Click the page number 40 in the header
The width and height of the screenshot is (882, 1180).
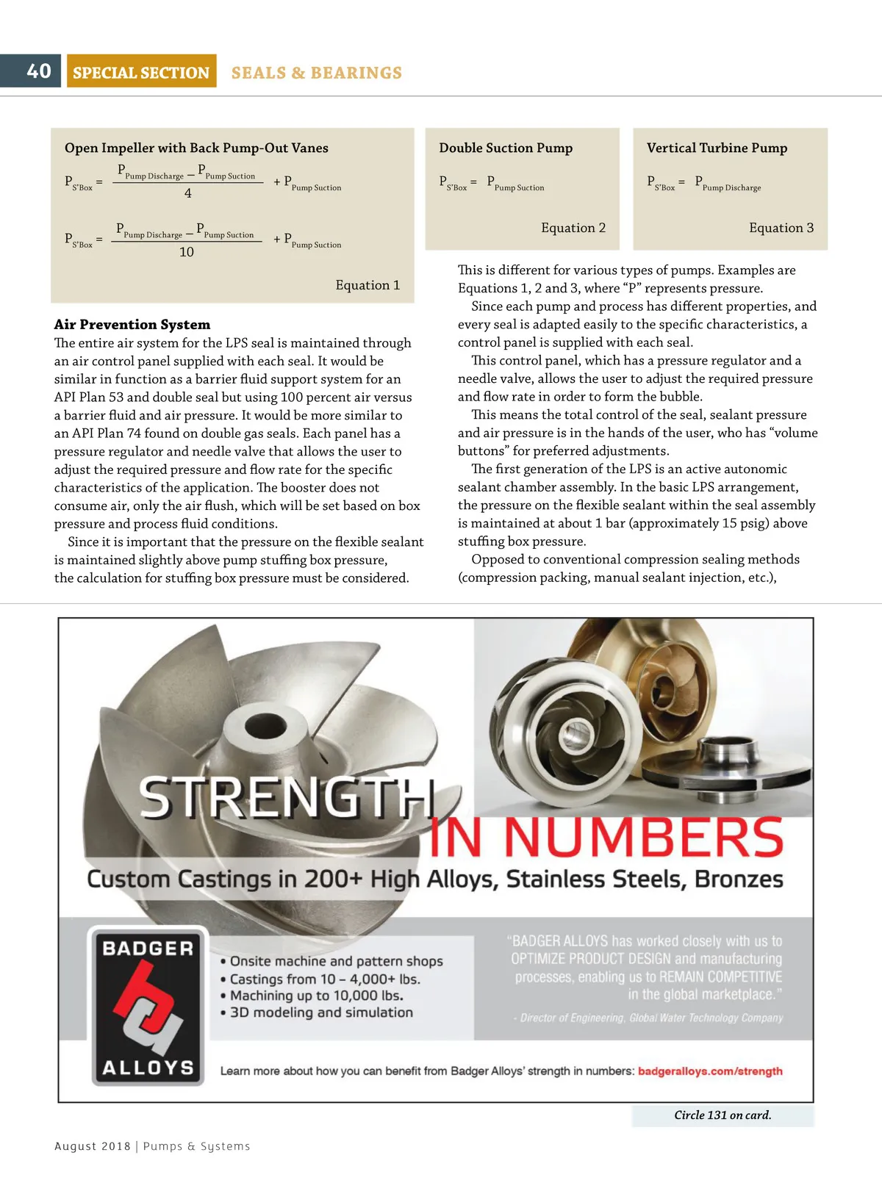[39, 71]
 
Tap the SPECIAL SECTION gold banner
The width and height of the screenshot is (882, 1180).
[141, 72]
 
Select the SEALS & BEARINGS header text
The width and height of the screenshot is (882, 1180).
[317, 73]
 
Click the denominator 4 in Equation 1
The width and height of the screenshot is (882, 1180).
[188, 193]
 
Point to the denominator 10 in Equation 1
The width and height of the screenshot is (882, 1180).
[187, 252]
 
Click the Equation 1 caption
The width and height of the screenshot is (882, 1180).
[367, 285]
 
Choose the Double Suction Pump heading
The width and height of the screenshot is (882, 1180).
[506, 148]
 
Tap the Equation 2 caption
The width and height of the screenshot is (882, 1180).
[573, 228]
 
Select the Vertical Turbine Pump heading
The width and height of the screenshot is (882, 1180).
[717, 148]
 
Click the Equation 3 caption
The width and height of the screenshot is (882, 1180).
[781, 228]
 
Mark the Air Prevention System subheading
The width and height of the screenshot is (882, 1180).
[132, 325]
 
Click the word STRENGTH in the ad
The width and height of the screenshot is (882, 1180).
[287, 798]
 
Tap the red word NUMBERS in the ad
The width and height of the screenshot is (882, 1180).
[644, 838]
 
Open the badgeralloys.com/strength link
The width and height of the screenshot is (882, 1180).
[710, 1071]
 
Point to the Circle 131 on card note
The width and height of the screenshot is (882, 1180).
[723, 1115]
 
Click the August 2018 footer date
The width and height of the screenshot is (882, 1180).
[93, 1146]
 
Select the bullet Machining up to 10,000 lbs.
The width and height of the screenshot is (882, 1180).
[317, 996]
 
